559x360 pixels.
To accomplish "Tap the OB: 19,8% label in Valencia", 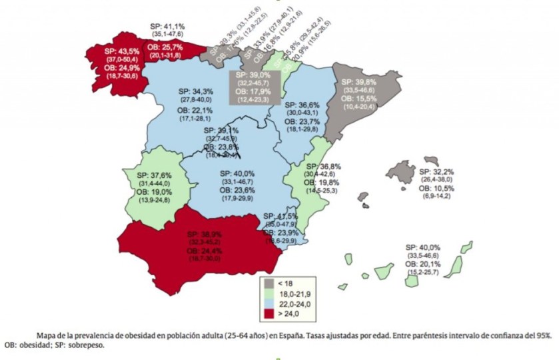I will click(324, 183).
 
